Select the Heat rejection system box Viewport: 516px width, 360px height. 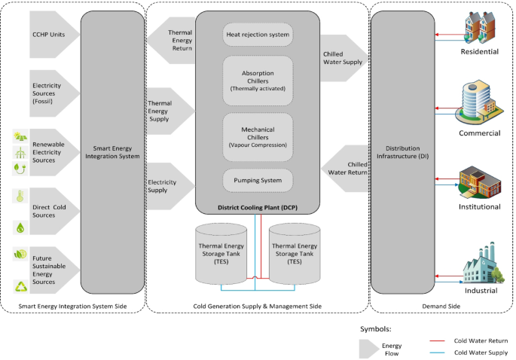(258, 35)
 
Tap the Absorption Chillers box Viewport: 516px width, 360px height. (258, 80)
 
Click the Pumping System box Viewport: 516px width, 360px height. (258, 181)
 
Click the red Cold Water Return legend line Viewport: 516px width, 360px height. (441, 340)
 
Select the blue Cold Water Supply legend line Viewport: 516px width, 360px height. (441, 352)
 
